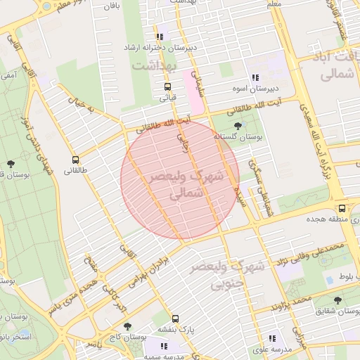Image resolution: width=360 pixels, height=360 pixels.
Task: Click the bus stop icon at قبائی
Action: click(x=167, y=87)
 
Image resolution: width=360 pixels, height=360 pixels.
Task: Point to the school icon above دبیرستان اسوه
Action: click(x=254, y=78)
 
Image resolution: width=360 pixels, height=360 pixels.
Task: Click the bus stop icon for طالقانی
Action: click(x=75, y=160)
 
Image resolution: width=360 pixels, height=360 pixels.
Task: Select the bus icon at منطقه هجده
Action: click(x=342, y=209)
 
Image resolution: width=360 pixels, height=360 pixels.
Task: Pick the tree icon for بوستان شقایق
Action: click(x=338, y=300)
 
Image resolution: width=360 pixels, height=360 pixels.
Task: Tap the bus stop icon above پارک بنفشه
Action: click(x=174, y=318)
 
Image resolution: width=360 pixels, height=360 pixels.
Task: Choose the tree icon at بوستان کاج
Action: click(x=127, y=327)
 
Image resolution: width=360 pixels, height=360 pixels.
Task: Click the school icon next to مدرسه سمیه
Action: click(x=164, y=346)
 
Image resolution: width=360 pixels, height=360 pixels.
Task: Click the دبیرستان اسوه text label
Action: click(x=257, y=90)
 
